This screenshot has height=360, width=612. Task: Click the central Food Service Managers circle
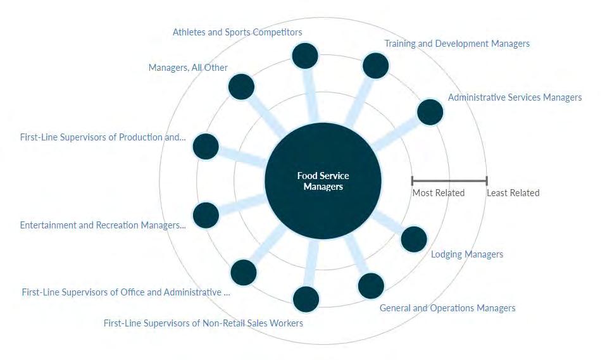(323, 181)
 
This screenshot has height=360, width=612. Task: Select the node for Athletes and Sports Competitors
(305, 56)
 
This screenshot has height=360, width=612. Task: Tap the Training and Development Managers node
(375, 66)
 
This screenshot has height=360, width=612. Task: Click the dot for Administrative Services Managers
(430, 112)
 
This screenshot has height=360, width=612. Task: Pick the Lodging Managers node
(414, 239)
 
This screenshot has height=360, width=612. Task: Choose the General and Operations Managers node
(371, 285)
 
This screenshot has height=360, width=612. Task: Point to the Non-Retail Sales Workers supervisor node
(306, 299)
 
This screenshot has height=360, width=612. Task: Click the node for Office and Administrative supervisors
(244, 272)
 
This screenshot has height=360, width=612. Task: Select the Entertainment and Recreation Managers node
(206, 215)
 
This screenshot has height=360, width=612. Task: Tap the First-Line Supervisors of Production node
(206, 147)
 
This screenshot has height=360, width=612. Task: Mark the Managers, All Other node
(241, 87)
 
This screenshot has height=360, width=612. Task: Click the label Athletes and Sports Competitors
(237, 32)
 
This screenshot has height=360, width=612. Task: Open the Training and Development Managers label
(457, 44)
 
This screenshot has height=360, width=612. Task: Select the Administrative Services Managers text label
(515, 97)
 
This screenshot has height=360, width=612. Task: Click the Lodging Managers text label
(467, 254)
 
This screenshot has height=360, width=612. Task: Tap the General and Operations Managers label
(447, 308)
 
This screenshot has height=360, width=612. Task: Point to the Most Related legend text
(439, 193)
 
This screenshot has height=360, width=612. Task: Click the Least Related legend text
(513, 193)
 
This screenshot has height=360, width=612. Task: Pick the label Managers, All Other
(188, 68)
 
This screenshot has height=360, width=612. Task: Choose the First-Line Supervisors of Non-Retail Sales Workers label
(203, 323)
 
